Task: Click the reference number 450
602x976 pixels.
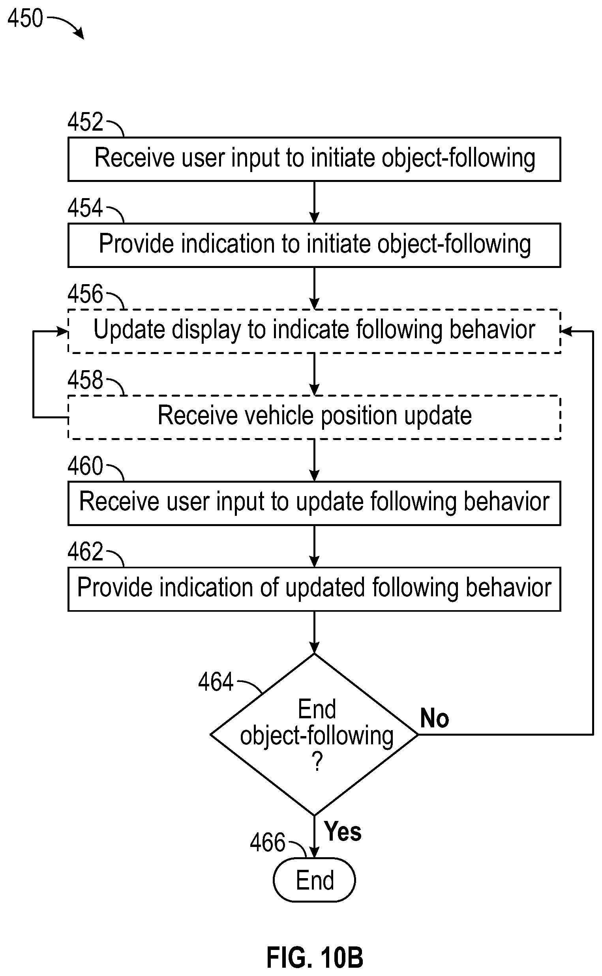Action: [x=25, y=18]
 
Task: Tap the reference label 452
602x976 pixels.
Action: [x=85, y=122]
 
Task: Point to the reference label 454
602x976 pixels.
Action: [x=85, y=208]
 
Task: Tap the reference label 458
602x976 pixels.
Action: [x=85, y=380]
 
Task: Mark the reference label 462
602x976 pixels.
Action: [x=85, y=552]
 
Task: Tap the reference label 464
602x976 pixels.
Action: [x=216, y=682]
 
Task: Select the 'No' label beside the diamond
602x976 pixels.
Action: [x=434, y=718]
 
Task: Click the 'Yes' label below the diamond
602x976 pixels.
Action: [x=343, y=832]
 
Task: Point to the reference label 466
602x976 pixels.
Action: [x=268, y=842]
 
